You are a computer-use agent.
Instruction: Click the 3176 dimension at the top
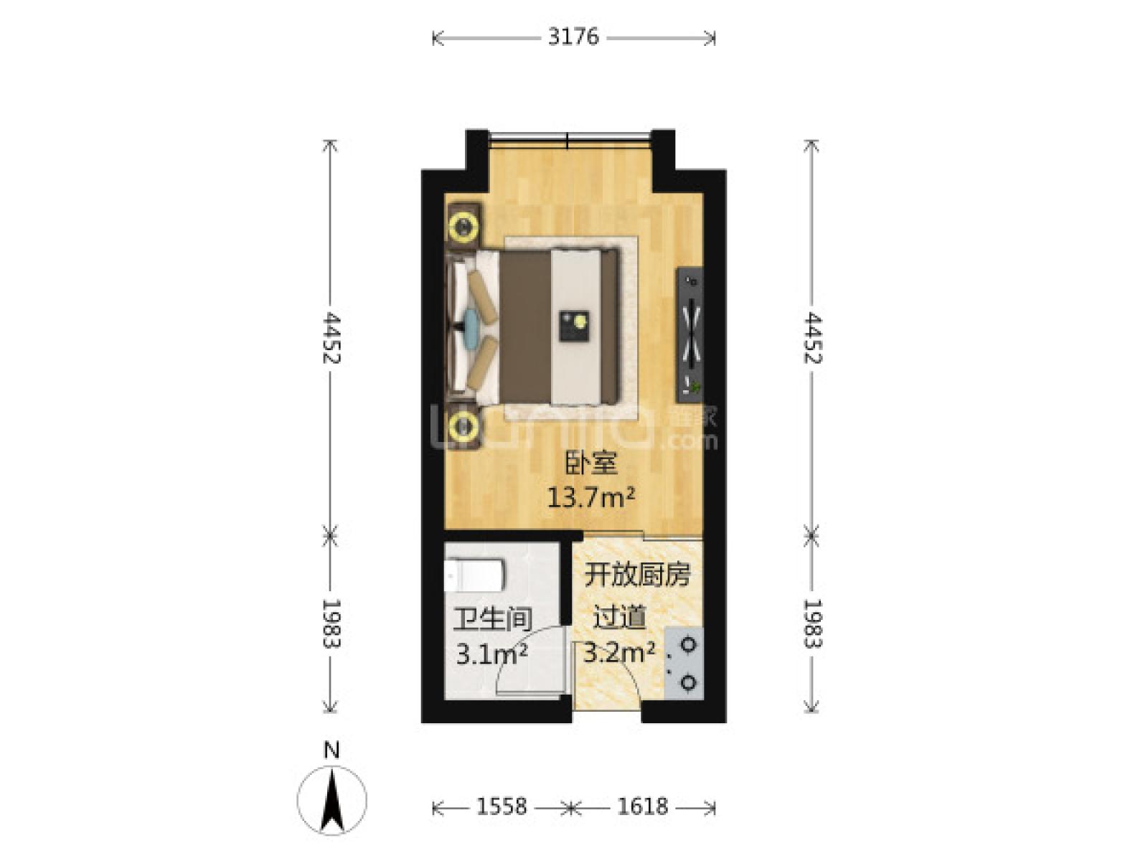tap(573, 37)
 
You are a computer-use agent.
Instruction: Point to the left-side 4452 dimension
tap(331, 338)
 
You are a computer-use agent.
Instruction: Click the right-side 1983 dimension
tap(812, 623)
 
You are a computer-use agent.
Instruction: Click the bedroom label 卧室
tap(591, 464)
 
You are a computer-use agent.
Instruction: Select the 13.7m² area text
tap(591, 497)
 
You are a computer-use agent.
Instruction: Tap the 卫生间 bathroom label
tap(492, 620)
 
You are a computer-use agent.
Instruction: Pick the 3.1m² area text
tap(491, 654)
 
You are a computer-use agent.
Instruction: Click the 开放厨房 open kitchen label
tap(636, 575)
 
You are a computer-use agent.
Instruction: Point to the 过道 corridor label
tap(619, 618)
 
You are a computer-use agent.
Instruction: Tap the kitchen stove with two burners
tap(683, 663)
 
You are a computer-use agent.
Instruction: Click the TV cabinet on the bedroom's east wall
tap(690, 334)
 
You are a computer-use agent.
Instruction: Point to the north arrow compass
tap(331, 799)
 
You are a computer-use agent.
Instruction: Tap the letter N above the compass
tap(331, 751)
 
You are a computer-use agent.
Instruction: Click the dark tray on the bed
tap(574, 326)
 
